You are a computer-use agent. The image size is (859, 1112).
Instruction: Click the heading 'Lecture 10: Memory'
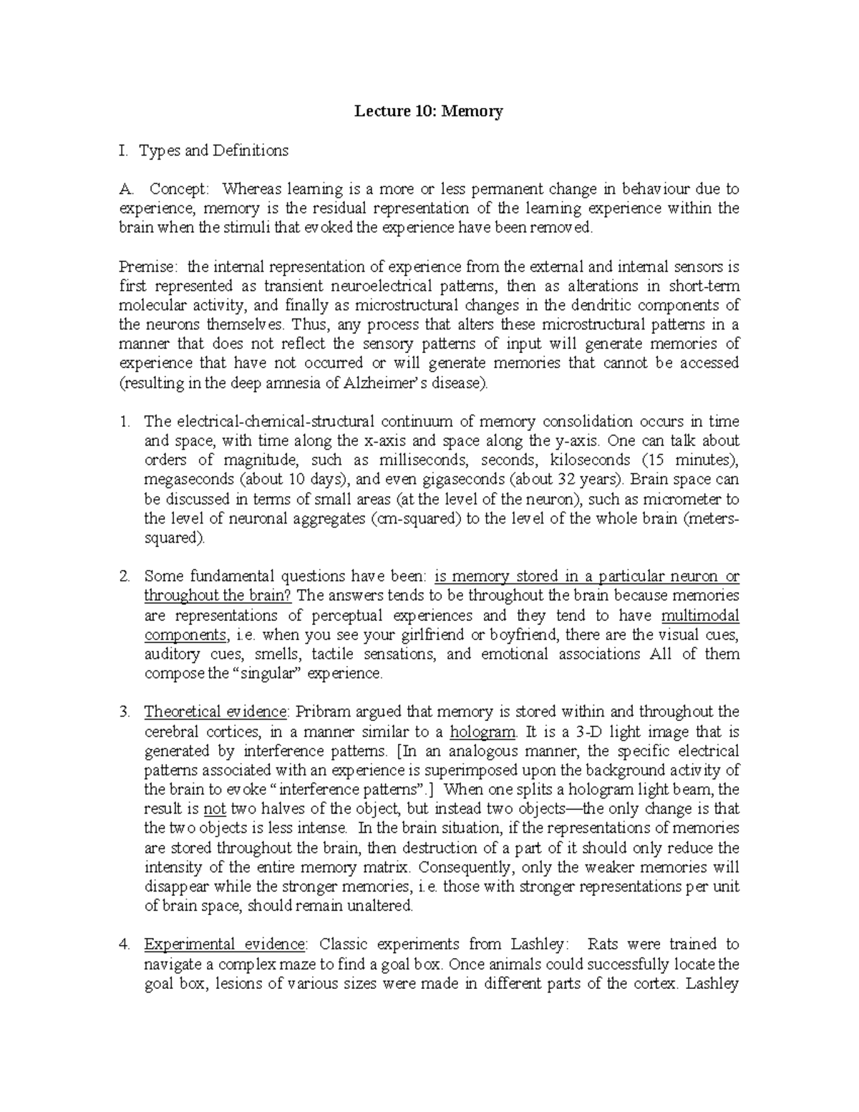point(429,112)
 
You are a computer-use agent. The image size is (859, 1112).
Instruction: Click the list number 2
point(124,576)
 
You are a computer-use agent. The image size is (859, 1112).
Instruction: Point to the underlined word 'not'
point(215,809)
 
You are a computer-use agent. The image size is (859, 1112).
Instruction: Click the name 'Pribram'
point(319,712)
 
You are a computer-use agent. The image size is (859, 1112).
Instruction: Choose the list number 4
point(124,944)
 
